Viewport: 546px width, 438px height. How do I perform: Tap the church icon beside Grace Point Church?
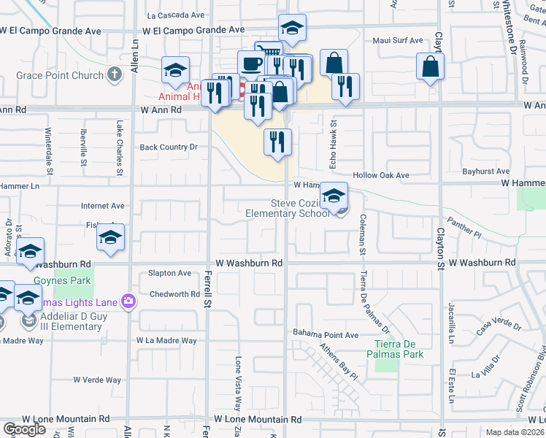click(114, 74)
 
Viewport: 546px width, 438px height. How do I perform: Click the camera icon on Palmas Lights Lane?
click(128, 301)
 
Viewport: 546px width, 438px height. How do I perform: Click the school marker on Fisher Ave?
click(110, 238)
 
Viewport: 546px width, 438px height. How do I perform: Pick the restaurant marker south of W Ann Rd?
click(277, 142)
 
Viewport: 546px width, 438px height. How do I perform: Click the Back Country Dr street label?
click(169, 147)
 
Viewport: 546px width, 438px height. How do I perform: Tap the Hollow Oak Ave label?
click(381, 175)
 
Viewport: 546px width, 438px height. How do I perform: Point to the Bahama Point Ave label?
click(326, 334)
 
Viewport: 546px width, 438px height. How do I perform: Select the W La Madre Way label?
click(166, 341)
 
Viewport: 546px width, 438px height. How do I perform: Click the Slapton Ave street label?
click(170, 273)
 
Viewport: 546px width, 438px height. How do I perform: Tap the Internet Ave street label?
click(103, 207)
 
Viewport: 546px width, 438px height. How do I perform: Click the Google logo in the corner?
click(23, 429)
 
